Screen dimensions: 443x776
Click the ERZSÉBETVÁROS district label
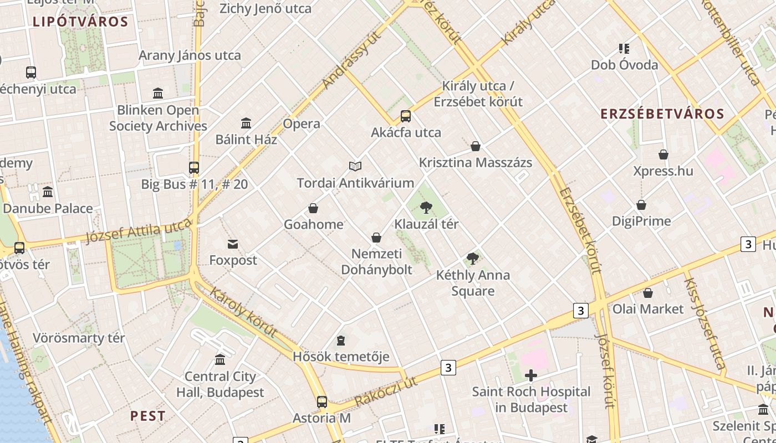click(x=662, y=114)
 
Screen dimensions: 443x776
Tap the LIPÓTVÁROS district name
click(x=80, y=22)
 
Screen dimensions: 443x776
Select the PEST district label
click(x=148, y=416)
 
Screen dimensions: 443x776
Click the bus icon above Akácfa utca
click(x=406, y=116)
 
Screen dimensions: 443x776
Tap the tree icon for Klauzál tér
click(x=426, y=208)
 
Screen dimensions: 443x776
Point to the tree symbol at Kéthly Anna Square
click(x=472, y=259)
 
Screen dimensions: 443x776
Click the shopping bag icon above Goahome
click(x=313, y=208)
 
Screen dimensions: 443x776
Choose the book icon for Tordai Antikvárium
click(x=355, y=166)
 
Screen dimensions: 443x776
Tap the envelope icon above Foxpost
click(x=233, y=244)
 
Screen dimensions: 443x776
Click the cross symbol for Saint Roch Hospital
click(x=531, y=375)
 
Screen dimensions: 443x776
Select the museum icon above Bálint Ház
click(x=246, y=123)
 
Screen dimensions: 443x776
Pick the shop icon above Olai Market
click(x=647, y=293)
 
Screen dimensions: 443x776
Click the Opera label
click(x=302, y=123)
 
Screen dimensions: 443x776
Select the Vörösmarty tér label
click(x=79, y=338)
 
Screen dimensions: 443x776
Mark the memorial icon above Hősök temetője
click(x=341, y=340)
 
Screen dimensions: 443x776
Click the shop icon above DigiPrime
click(x=641, y=205)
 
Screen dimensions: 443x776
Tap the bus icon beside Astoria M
click(x=322, y=402)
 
